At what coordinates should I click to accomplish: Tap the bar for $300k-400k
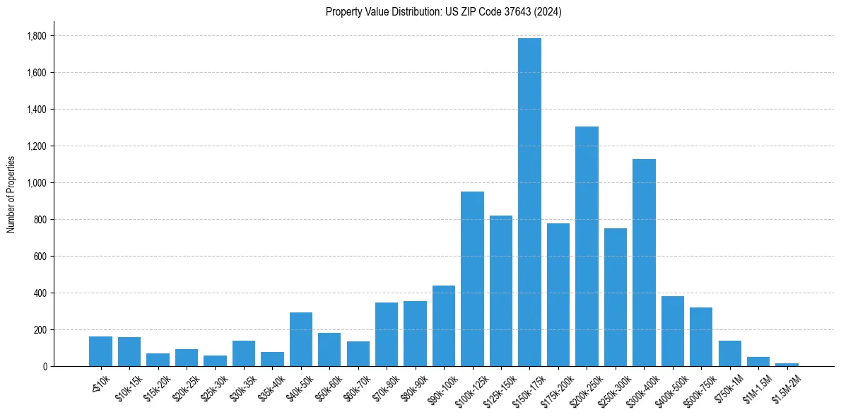pyautogui.click(x=644, y=262)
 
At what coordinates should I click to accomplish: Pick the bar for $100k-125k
pyautogui.click(x=472, y=278)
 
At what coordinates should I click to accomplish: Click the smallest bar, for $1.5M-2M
pyautogui.click(x=787, y=365)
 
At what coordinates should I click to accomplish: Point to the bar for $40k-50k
pyautogui.click(x=301, y=339)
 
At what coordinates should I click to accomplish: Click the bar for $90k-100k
pyautogui.click(x=444, y=326)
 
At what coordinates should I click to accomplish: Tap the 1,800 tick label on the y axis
pyautogui.click(x=37, y=36)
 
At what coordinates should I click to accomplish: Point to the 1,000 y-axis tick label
pyautogui.click(x=37, y=183)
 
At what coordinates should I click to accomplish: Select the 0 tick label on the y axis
pyautogui.click(x=45, y=367)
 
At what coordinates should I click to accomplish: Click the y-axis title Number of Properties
pyautogui.click(x=11, y=194)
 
